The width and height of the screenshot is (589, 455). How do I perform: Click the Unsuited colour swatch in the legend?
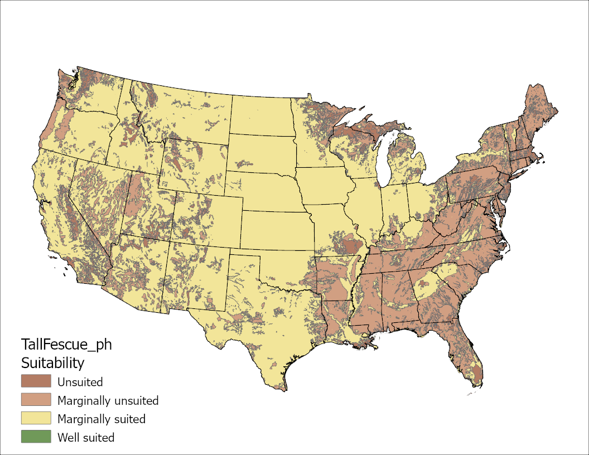(x=36, y=381)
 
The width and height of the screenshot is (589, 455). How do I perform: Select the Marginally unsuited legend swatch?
(x=36, y=400)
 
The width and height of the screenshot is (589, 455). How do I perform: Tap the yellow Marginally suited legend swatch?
(x=36, y=418)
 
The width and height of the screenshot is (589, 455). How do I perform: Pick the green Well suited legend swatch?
(x=36, y=437)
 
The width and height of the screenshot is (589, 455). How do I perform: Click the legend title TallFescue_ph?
(x=66, y=345)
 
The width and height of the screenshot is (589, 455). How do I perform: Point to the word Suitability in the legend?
(x=52, y=363)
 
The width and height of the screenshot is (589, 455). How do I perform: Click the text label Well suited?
(x=86, y=437)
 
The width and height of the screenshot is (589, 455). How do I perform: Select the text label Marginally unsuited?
(x=108, y=400)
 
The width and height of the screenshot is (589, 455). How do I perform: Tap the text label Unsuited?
(x=80, y=382)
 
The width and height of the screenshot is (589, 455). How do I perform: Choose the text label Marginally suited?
(x=101, y=419)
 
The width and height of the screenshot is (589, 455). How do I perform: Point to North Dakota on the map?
(x=261, y=114)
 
